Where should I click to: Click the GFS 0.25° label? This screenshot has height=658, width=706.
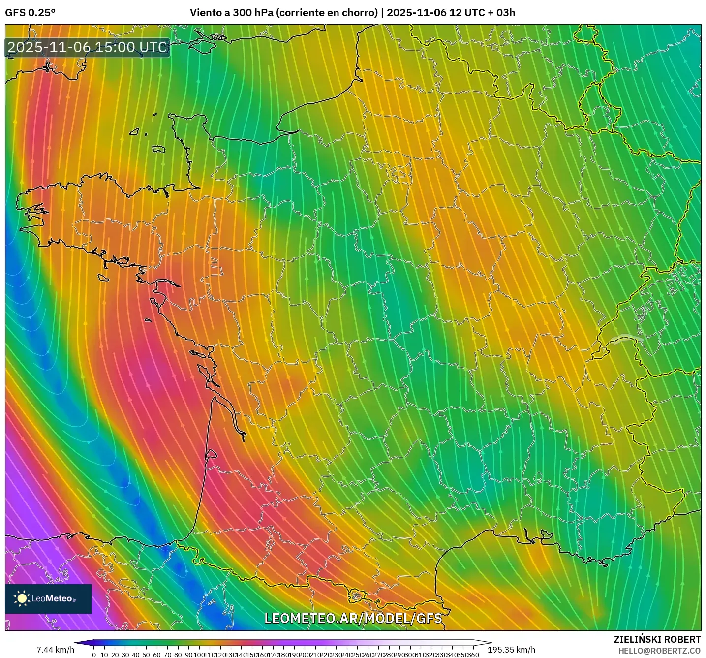[x=30, y=13]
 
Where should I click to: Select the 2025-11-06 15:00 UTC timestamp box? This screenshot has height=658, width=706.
[x=88, y=47]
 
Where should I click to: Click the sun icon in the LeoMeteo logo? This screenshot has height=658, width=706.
[x=22, y=598]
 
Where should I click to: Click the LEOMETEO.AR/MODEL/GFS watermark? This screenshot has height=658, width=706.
[x=353, y=618]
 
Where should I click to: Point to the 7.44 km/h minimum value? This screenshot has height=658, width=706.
[x=55, y=650]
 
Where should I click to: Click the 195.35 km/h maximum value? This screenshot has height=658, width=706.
[x=511, y=650]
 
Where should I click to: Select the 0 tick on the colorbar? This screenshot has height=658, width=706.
[x=94, y=655]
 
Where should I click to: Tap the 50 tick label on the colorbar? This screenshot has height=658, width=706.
[x=146, y=655]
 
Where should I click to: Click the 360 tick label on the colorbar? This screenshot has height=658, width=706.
[x=473, y=655]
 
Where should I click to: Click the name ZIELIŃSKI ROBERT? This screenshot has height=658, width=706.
[x=657, y=639]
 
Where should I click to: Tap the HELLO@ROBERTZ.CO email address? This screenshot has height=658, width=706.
[x=659, y=651]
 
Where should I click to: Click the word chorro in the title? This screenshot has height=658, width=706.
[x=361, y=13]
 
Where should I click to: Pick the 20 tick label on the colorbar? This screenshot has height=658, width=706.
[x=115, y=655]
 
